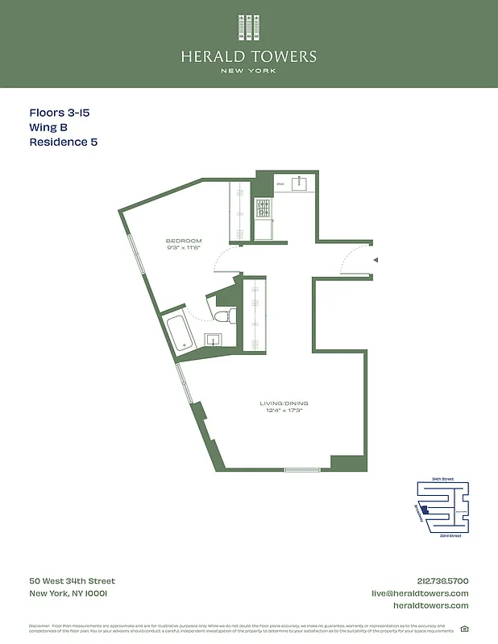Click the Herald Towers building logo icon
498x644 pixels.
tap(248, 27)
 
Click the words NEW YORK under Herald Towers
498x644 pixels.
tap(248, 71)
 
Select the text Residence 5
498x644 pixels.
tap(64, 142)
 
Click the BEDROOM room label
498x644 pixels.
tap(184, 241)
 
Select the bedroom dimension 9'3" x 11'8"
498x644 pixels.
tap(184, 248)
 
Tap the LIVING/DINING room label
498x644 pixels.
tap(284, 403)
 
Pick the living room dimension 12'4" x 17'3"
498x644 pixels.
tap(284, 411)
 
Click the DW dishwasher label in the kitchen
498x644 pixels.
tap(280, 184)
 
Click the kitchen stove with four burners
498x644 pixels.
tap(264, 208)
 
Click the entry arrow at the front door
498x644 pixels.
tap(376, 260)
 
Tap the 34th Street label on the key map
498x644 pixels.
tap(442, 479)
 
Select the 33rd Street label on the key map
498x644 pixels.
tap(450, 535)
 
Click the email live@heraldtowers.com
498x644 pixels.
tap(419, 593)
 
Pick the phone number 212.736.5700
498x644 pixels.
tap(442, 581)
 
